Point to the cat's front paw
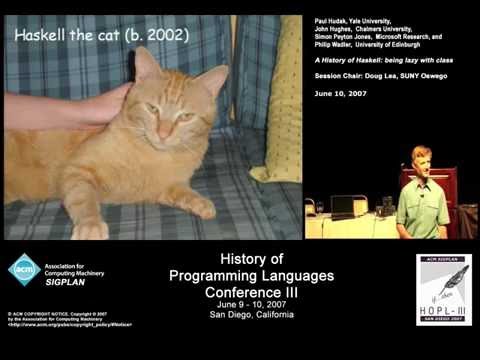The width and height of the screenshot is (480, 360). [90, 229]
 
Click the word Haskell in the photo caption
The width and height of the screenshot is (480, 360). [44, 35]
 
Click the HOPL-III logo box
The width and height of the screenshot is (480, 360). [443, 289]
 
